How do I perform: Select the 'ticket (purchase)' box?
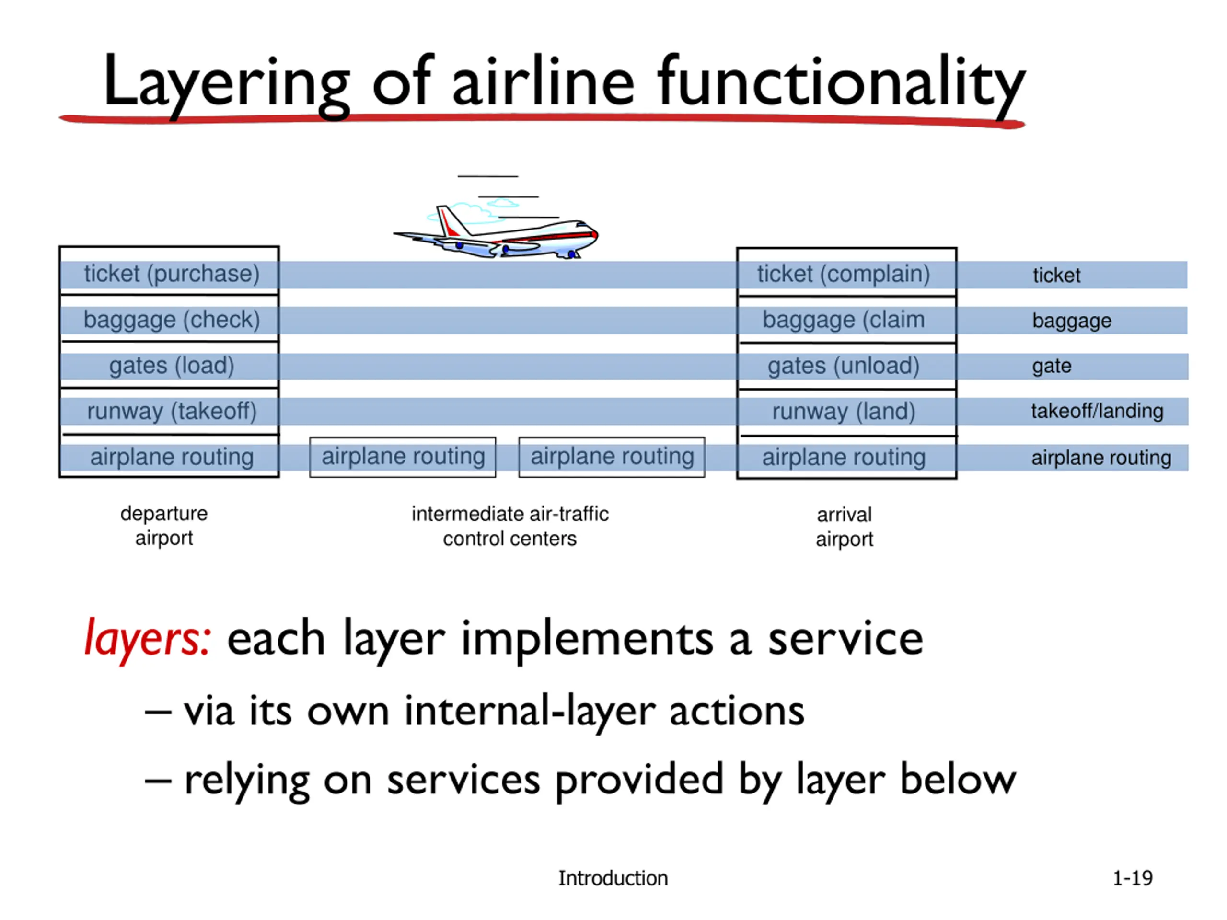pos(171,274)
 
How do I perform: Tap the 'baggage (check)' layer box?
pos(171,320)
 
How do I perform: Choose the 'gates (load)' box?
pos(171,366)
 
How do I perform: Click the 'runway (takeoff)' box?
pos(171,411)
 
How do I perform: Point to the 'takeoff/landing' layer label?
pos(1097,411)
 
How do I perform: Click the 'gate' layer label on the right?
pos(1051,366)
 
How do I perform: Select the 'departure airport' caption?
pos(164,525)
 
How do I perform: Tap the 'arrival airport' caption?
pos(844,527)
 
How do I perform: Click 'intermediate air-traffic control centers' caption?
pos(510,526)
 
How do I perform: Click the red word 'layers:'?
pos(147,639)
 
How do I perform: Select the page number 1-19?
pos(1132,878)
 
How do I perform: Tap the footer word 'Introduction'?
pos(613,878)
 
